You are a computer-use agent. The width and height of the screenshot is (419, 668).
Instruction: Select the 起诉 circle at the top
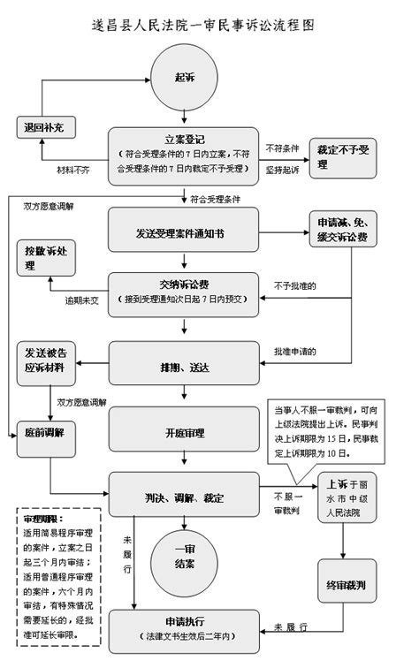pos(184,78)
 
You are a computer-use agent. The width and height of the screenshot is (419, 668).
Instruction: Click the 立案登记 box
pos(184,154)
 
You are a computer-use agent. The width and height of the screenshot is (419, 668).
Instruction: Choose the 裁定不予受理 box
pos(343,156)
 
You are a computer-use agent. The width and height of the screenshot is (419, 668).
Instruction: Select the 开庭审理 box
pos(184,433)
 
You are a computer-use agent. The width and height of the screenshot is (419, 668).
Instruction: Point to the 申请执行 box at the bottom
pos(184,628)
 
